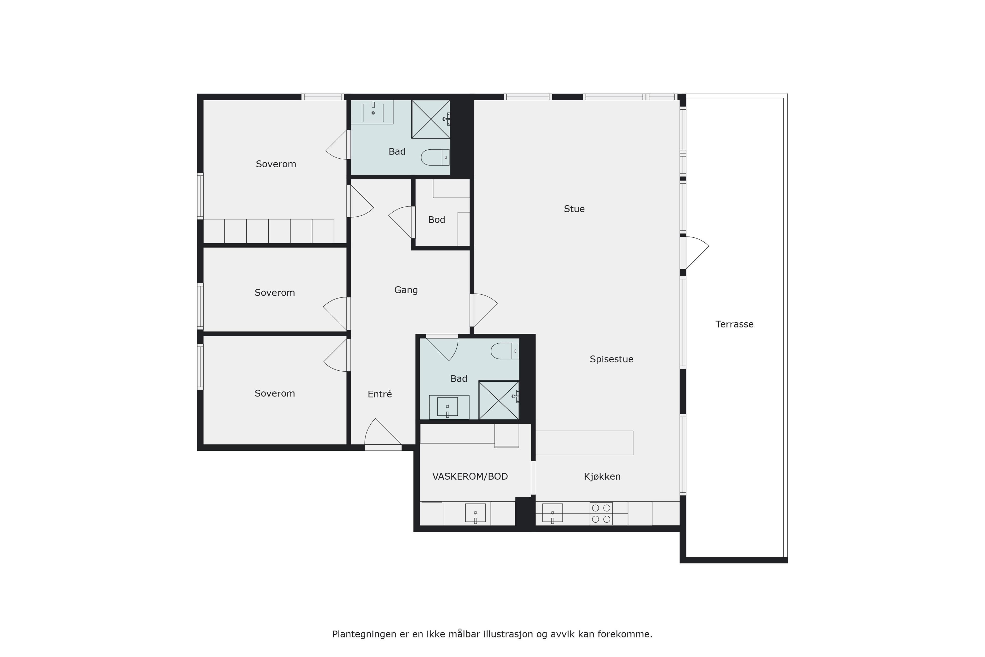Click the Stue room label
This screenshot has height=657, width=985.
click(x=574, y=209)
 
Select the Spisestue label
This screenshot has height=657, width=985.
click(x=612, y=359)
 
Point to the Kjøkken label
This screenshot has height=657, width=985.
click(x=602, y=476)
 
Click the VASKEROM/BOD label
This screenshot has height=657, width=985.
click(x=470, y=476)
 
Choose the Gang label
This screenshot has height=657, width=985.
click(x=406, y=290)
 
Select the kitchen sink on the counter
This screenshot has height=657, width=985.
click(x=552, y=513)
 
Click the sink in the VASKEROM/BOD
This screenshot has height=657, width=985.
click(x=475, y=513)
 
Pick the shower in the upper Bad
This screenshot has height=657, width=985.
click(x=431, y=119)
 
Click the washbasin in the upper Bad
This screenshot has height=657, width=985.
click(x=373, y=112)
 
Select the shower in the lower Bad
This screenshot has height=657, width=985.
click(x=499, y=400)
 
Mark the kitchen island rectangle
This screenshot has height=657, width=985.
click(x=584, y=443)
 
